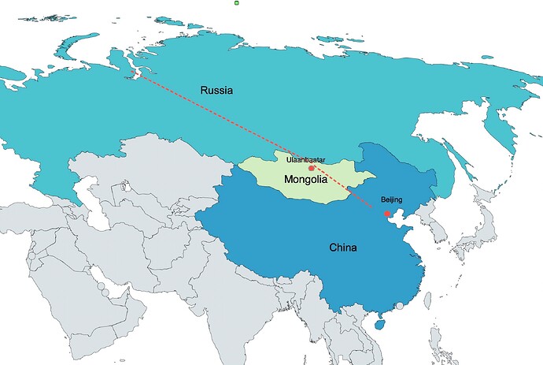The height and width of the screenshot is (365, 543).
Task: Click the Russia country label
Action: (216, 90)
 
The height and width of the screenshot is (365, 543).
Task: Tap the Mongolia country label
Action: (305, 180)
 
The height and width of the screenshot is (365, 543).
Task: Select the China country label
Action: (342, 248)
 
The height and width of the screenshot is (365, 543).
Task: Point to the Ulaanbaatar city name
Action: (306, 159)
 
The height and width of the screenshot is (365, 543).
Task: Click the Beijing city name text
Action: (391, 200)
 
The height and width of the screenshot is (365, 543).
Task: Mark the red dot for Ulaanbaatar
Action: (312, 168)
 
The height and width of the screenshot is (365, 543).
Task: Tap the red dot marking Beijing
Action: (386, 214)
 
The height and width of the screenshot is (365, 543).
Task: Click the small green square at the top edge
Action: (237, 3)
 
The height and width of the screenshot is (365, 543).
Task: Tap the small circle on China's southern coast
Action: (399, 305)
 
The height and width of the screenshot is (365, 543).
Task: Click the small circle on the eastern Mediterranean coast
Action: (31, 255)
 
